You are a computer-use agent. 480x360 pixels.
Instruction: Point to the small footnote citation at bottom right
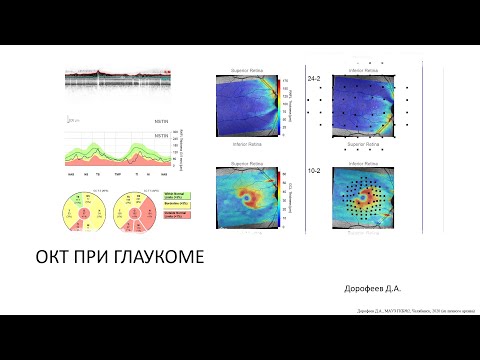411,310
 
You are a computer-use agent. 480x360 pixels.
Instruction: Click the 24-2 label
314,78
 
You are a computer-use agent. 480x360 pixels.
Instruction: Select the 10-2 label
314,171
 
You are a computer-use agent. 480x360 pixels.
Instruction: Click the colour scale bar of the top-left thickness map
284,104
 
